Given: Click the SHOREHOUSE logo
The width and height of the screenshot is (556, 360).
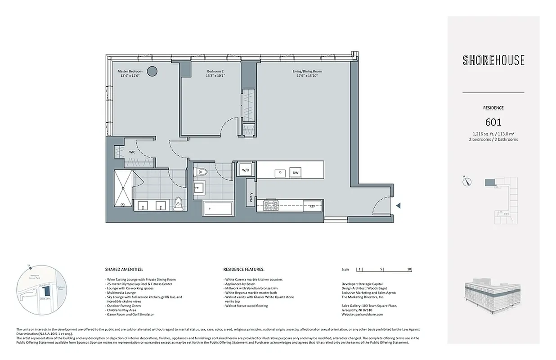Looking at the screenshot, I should tap(493, 60).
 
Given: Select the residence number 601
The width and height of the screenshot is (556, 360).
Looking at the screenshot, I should tap(493, 122).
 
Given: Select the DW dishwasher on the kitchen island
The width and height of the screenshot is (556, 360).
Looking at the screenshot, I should tap(295, 173).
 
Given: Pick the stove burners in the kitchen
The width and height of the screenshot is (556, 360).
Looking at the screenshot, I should tap(271, 206).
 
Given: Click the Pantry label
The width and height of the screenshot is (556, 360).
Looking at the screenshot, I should tap(251, 198).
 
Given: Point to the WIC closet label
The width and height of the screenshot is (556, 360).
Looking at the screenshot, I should tap(132, 152).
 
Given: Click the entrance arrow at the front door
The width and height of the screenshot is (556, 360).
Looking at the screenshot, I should tap(398, 206).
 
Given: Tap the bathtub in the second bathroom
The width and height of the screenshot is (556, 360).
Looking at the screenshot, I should tap(218, 209).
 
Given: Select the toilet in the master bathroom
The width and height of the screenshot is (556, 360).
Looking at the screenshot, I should tap(179, 204).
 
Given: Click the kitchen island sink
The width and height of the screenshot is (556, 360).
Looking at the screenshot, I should tap(280, 172).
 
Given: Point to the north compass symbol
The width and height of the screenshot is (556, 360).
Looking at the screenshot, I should tap(467, 182).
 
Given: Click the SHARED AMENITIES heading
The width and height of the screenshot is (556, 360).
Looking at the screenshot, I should tap(124, 270).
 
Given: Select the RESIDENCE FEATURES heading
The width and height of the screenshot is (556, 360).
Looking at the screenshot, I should tap(243, 270).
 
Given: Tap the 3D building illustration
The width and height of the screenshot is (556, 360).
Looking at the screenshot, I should tap(493, 298).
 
